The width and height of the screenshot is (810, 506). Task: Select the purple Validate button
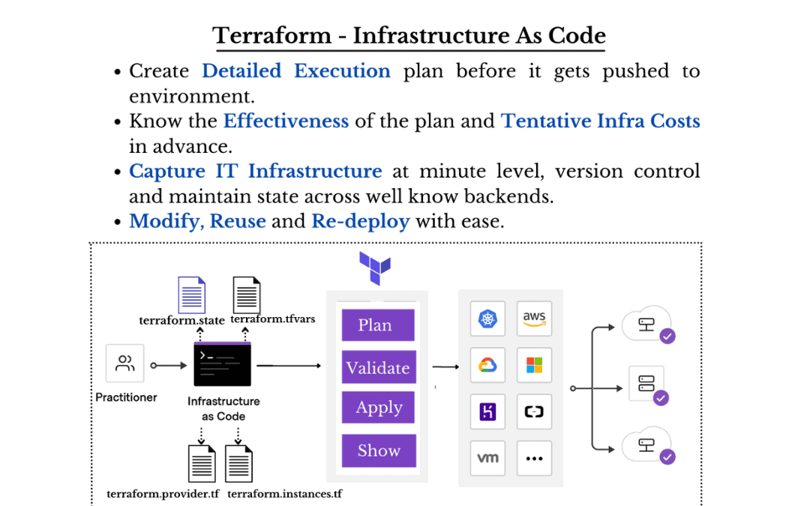(x=378, y=368)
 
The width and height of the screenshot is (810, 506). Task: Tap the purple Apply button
(x=378, y=409)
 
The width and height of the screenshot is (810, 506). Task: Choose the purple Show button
(x=378, y=451)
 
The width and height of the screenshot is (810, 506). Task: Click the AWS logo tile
(x=534, y=319)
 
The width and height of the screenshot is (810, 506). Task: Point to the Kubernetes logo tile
(x=487, y=319)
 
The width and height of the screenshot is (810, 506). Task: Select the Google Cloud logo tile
(x=487, y=365)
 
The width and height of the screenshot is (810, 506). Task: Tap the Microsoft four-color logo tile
(x=534, y=365)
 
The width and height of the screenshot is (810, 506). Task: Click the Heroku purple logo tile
(x=487, y=412)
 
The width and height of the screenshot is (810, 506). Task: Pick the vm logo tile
(x=487, y=458)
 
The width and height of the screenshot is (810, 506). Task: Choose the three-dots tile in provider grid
(x=534, y=458)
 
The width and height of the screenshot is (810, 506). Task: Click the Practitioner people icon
(x=125, y=364)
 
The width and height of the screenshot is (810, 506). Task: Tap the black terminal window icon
(x=222, y=364)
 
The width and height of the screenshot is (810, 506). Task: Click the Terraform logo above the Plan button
(x=374, y=268)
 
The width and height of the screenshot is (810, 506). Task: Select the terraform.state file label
(x=181, y=320)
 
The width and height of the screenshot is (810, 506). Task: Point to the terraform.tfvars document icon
(x=247, y=295)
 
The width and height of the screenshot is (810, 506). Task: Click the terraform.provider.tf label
(x=163, y=494)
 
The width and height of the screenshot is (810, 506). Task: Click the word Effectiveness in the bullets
(x=286, y=121)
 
